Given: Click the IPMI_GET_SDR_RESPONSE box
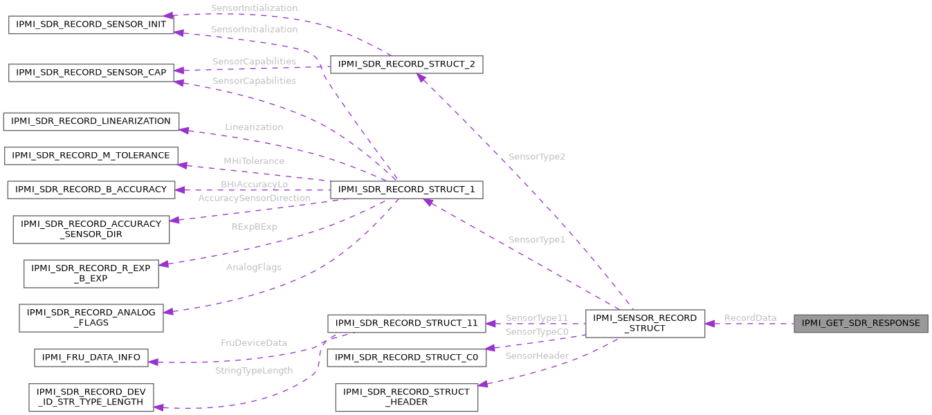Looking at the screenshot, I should point(861,323).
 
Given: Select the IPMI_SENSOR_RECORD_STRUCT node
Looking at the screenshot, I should point(645,323).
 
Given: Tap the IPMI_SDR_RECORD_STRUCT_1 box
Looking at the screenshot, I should point(406,190).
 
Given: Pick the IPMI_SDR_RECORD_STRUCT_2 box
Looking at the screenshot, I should point(406,65).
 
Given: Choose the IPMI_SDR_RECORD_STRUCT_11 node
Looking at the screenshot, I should point(406,323).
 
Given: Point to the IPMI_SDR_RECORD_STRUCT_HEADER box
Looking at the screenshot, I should point(406,396).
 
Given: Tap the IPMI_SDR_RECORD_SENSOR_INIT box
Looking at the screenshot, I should point(91,24).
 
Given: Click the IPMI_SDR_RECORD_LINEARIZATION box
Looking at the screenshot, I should point(91,121).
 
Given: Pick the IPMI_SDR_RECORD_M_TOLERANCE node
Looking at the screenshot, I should point(91,156).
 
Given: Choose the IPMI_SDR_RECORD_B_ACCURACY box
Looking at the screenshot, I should point(91,190).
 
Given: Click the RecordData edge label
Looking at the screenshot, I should point(750,317).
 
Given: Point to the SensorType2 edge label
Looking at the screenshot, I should point(536,157).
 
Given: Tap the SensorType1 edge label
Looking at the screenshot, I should point(536,239).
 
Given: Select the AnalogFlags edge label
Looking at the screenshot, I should point(254,267).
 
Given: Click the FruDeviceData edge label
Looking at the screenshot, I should point(254,342).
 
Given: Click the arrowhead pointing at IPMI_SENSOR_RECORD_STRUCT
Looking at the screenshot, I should point(710,323).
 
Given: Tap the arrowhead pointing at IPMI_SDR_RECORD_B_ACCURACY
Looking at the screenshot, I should point(179,190).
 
